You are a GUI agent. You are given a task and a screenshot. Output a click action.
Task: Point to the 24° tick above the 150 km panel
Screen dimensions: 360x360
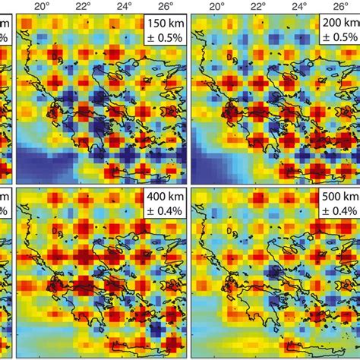pos(130,7)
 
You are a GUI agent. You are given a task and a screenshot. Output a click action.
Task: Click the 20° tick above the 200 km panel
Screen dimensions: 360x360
pos(219,7)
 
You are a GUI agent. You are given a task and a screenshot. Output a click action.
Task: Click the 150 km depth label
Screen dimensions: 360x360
pos(164,24)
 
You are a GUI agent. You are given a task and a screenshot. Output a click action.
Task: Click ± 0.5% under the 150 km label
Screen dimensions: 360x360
pos(164,37)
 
